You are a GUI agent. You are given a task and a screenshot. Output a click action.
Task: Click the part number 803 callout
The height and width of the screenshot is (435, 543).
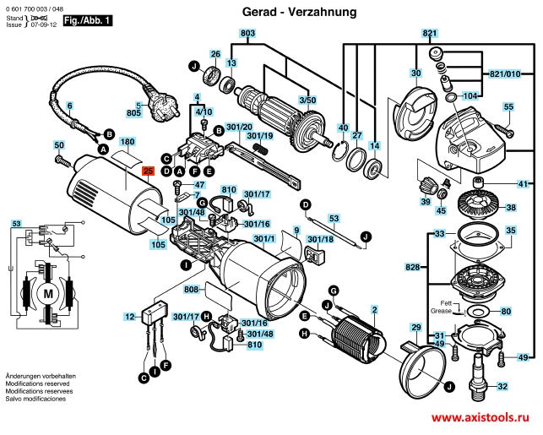click(x=247, y=33)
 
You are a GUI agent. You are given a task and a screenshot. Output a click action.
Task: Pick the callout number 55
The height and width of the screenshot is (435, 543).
click(x=508, y=107)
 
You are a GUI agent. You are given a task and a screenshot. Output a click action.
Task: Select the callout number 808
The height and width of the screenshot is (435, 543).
click(x=190, y=290)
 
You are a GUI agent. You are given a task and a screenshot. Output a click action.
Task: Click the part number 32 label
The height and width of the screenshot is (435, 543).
click(x=502, y=387)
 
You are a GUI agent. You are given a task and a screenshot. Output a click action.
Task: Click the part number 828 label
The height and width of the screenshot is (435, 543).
click(x=412, y=267)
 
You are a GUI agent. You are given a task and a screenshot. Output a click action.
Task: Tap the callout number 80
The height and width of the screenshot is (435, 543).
click(x=506, y=312)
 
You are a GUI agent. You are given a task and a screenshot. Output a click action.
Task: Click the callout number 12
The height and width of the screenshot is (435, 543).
click(x=129, y=317)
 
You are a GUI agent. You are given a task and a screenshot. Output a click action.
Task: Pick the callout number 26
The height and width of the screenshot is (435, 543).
click(x=215, y=53)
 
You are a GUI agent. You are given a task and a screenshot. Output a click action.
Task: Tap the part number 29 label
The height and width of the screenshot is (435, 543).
click(x=415, y=327)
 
